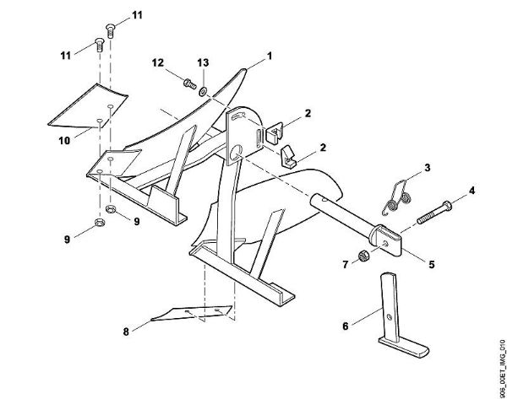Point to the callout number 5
pos(431,264)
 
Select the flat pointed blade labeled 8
pos(191,315)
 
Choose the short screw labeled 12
pos(186,83)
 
